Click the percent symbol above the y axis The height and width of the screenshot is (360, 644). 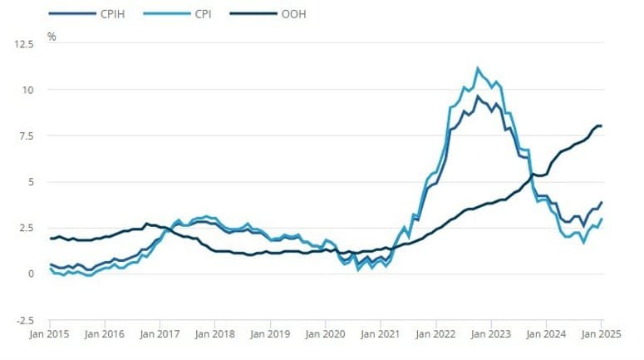[x=52, y=36]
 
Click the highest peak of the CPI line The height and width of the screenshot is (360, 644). [x=478, y=68]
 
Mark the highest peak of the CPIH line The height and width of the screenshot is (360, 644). [x=478, y=96]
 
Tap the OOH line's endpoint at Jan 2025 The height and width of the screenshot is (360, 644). [x=601, y=126]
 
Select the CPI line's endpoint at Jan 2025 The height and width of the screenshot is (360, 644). [x=601, y=219]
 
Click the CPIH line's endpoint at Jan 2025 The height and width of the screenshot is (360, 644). [x=601, y=202]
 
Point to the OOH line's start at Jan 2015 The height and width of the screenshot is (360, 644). [x=50, y=239]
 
